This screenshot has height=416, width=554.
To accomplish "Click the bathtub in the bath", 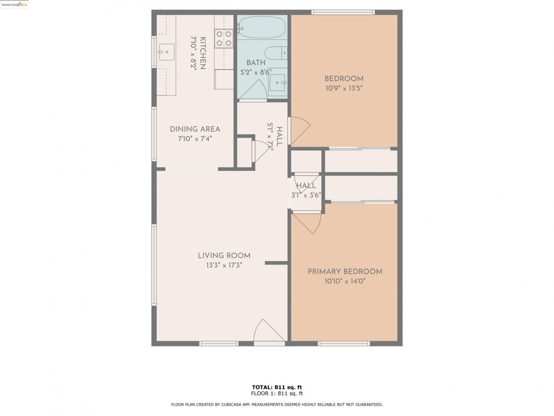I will (x=262, y=28).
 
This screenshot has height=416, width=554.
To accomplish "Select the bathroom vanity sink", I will (x=278, y=83).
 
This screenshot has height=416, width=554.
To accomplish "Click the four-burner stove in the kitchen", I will (x=224, y=38).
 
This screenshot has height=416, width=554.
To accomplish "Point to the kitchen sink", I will (x=167, y=52).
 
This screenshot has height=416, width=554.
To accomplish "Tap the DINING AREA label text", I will (x=195, y=129).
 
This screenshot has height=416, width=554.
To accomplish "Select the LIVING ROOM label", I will (x=224, y=256).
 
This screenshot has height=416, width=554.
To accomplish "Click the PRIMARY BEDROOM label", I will (x=345, y=271).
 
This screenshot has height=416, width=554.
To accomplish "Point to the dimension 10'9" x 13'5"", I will (x=344, y=88).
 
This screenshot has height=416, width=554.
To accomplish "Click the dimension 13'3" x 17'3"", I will (x=224, y=265).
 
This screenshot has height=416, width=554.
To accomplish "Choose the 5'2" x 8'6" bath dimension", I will (x=256, y=72).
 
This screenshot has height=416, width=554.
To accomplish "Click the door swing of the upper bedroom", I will (x=299, y=129).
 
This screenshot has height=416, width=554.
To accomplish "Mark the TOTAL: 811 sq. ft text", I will (x=277, y=387).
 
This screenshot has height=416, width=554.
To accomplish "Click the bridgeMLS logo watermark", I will (x=14, y=5).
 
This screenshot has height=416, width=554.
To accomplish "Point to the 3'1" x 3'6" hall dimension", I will (x=306, y=195).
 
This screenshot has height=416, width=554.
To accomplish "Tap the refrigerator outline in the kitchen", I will (x=224, y=79).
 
